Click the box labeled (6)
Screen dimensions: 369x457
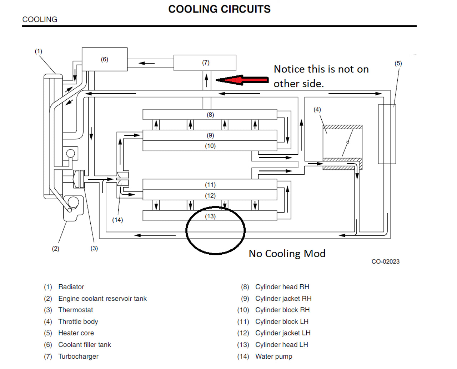[x=105, y=59]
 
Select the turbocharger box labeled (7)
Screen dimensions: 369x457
[x=205, y=63]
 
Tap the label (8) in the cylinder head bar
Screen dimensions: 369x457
[x=210, y=115]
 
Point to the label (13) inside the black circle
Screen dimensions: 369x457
[x=210, y=216]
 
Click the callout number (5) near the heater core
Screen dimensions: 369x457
[x=398, y=64]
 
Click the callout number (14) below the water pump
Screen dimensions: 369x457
[x=117, y=220]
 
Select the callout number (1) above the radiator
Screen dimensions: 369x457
[x=38, y=51]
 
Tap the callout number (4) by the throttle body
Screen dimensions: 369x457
[x=317, y=109]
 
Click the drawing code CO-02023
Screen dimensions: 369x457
[x=385, y=261]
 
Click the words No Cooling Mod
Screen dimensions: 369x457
[x=287, y=254]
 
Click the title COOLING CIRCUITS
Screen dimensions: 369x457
[x=219, y=9]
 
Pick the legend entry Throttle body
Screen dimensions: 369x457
[x=78, y=321]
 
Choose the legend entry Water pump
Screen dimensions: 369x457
[x=273, y=356]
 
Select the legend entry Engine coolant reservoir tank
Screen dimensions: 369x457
[x=102, y=298]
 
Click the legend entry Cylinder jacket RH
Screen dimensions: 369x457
[x=283, y=298]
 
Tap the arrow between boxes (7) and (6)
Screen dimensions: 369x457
[x=146, y=63]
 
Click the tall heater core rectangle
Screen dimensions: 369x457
[x=387, y=134]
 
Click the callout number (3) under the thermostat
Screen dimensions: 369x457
[x=94, y=248]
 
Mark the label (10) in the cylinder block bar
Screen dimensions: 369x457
[x=210, y=146]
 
